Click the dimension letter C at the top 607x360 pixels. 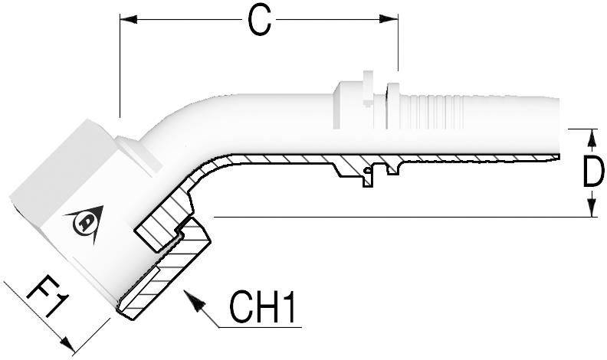261,21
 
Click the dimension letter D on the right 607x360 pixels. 592,173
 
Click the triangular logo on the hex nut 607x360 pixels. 83,221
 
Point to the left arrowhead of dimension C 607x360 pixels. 127,18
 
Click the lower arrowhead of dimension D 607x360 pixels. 592,209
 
